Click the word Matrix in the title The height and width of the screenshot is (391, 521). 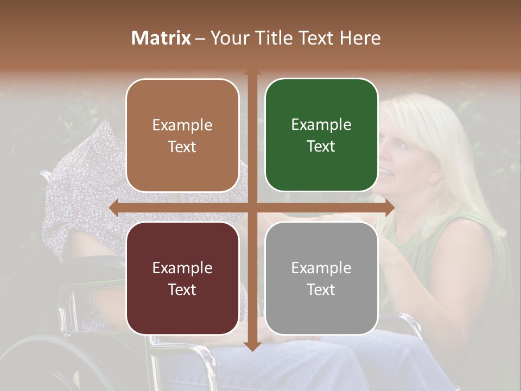click(x=161, y=38)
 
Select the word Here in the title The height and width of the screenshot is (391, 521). click(x=360, y=38)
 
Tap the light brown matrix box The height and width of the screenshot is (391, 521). click(x=182, y=135)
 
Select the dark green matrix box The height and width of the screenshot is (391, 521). click(x=321, y=135)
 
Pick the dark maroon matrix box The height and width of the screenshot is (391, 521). click(x=182, y=278)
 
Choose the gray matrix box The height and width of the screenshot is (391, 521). click(x=321, y=278)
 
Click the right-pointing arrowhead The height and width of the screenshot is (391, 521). click(x=390, y=207)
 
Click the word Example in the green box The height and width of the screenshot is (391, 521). click(x=321, y=125)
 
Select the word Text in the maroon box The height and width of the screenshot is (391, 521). click(x=182, y=289)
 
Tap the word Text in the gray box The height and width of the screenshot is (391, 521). click(x=321, y=289)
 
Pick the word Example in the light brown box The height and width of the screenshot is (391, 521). click(x=182, y=125)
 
